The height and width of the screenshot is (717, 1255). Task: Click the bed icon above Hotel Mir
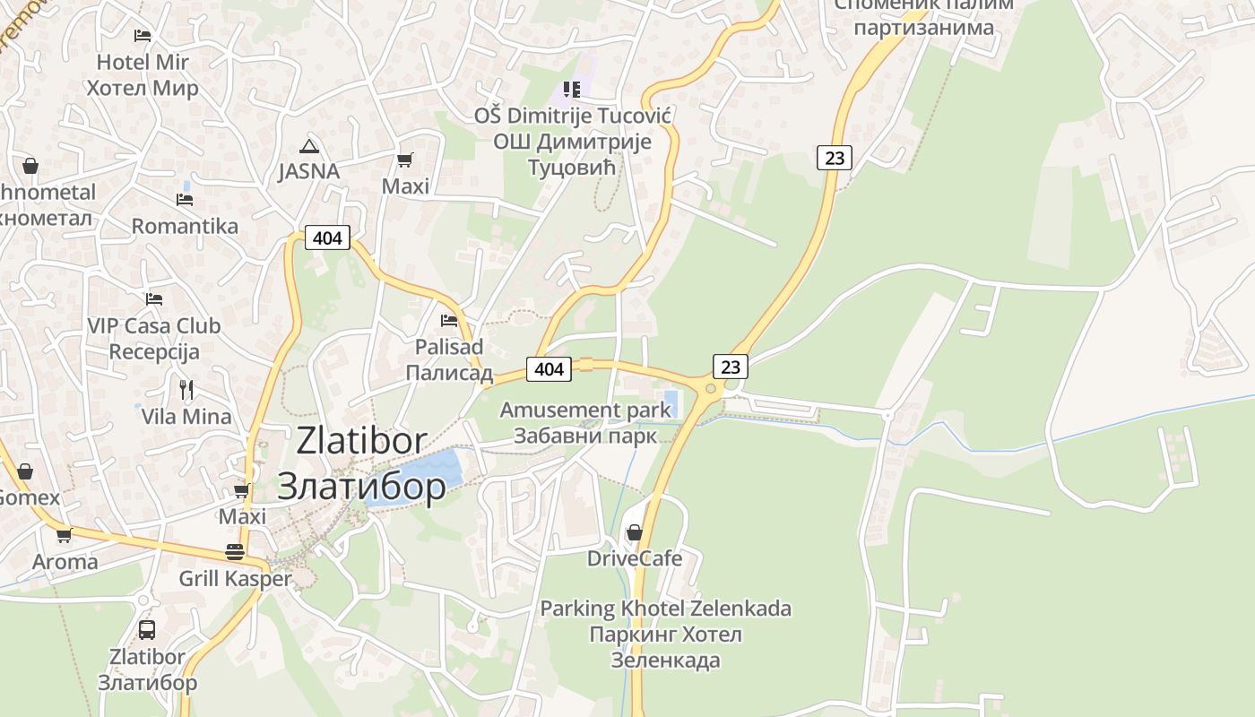pyautogui.click(x=143, y=36)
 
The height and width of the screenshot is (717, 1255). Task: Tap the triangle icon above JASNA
pyautogui.click(x=309, y=145)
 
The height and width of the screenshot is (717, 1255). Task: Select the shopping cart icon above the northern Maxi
pyautogui.click(x=405, y=160)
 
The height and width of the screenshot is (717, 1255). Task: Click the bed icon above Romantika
pyautogui.click(x=185, y=199)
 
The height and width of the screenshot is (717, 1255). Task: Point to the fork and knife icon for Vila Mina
pyautogui.click(x=186, y=389)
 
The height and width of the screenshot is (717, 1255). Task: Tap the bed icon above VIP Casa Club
pyautogui.click(x=154, y=298)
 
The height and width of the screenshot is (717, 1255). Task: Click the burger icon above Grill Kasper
pyautogui.click(x=235, y=551)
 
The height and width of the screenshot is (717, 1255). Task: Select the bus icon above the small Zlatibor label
pyautogui.click(x=147, y=629)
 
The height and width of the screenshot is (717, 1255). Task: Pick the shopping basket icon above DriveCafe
pyautogui.click(x=635, y=532)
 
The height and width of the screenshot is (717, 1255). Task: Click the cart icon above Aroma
pyautogui.click(x=64, y=536)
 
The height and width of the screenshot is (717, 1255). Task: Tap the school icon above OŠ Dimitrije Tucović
pyautogui.click(x=572, y=89)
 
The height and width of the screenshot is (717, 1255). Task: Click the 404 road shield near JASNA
pyautogui.click(x=327, y=238)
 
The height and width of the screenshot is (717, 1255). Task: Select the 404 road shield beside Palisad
pyautogui.click(x=549, y=368)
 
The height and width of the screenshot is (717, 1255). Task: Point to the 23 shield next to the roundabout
pyautogui.click(x=731, y=366)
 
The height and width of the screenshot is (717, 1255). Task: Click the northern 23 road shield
pyautogui.click(x=834, y=159)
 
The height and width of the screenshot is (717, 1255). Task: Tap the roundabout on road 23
pyautogui.click(x=711, y=388)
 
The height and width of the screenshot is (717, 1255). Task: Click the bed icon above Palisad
pyautogui.click(x=449, y=320)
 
